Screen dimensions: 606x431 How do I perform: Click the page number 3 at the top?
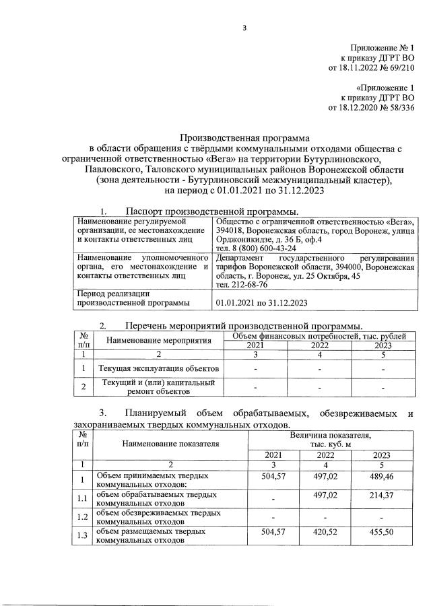tap(244, 28)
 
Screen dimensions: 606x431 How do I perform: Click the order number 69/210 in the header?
tap(400, 68)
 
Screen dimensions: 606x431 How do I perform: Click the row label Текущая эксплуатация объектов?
tap(158, 369)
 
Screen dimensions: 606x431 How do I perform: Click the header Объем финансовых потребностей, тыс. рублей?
tap(319, 335)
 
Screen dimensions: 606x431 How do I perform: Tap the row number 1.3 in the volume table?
tap(82, 535)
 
